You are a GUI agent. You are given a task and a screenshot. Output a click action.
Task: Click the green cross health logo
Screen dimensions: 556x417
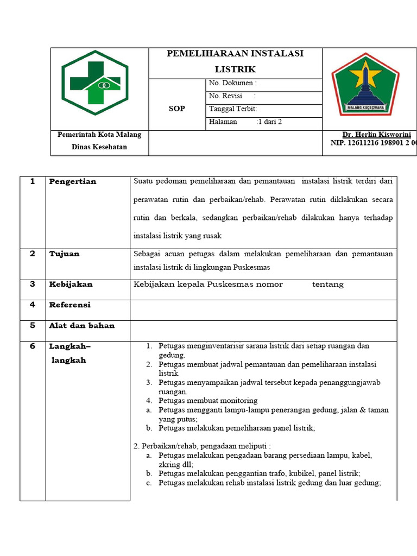point(95,83)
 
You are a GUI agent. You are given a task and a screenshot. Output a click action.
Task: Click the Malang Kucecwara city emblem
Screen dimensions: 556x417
point(365,84)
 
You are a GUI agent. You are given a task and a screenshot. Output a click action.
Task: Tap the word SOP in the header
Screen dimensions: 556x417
point(176,109)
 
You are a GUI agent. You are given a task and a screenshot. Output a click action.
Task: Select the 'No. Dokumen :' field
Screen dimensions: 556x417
point(232,83)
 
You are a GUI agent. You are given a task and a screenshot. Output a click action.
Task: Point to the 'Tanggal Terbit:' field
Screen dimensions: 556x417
point(233,109)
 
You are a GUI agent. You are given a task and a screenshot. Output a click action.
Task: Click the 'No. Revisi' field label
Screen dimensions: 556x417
point(225,96)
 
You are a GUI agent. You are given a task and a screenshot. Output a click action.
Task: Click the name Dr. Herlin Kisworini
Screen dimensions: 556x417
point(376,135)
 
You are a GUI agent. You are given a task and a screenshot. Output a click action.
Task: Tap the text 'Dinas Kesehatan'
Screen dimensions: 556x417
point(99,147)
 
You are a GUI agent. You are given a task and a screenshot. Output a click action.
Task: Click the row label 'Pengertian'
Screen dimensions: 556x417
point(73,181)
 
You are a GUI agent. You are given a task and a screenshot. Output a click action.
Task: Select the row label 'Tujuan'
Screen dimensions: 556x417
point(64,254)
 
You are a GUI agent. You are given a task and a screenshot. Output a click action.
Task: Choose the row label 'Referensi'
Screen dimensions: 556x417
point(70,305)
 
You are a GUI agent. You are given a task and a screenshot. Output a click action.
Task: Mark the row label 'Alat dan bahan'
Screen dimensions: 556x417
point(82,325)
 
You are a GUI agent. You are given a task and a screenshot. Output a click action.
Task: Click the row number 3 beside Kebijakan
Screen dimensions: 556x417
point(33,284)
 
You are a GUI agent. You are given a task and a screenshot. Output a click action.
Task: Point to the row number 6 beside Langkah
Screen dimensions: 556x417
point(33,346)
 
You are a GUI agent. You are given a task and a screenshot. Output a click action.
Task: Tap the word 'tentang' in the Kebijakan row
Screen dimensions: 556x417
point(328,284)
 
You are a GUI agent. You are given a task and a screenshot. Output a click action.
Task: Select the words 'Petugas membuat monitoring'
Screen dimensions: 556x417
point(208,401)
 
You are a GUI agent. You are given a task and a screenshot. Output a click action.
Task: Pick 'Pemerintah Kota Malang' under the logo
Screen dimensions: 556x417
point(99,135)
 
